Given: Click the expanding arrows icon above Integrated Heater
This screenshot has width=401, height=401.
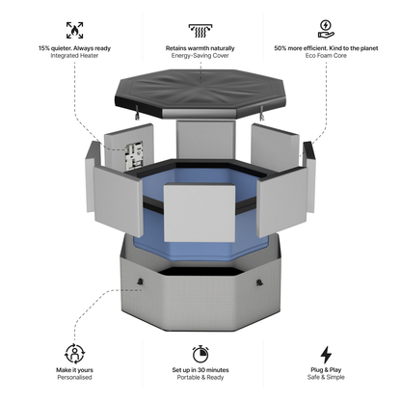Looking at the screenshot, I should [x=74, y=29].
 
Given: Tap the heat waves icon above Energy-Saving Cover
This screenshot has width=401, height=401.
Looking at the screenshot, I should [x=201, y=29].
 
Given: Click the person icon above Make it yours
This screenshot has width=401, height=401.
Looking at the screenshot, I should [x=74, y=353].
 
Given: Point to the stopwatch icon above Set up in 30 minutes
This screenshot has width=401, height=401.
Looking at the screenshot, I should [x=200, y=353].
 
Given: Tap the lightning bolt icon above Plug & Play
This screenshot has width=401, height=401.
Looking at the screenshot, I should [x=326, y=353].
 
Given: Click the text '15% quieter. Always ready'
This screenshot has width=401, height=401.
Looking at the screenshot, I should [x=75, y=47].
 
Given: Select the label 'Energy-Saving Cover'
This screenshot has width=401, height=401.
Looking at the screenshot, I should [x=201, y=56].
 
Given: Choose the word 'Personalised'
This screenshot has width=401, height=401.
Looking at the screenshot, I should [x=75, y=378].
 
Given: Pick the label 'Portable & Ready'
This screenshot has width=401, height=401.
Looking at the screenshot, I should [x=200, y=378].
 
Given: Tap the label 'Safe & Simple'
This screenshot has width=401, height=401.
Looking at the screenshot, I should [x=326, y=378].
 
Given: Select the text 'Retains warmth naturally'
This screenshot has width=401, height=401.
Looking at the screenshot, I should [x=201, y=47].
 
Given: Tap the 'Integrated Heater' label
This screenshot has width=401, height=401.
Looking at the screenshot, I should [x=75, y=56].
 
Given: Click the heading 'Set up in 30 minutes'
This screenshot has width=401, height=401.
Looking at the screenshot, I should [x=200, y=369].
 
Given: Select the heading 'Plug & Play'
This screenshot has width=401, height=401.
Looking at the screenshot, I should [x=326, y=369].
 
